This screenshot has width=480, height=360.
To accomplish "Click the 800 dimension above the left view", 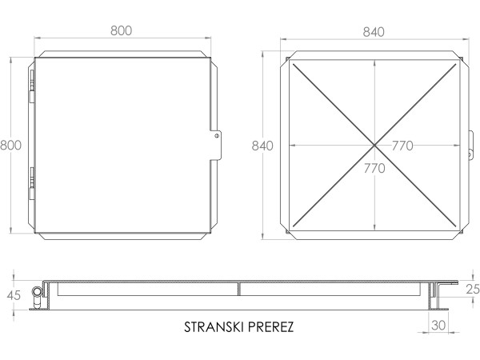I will [121, 31].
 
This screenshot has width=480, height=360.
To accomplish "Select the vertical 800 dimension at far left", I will [10, 146].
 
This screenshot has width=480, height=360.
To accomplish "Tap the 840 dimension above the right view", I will [374, 31].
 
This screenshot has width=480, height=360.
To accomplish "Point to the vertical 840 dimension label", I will [262, 146].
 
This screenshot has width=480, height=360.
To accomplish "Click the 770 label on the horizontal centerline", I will [402, 146].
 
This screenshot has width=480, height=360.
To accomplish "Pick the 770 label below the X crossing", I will [374, 168].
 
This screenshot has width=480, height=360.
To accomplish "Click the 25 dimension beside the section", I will [471, 289].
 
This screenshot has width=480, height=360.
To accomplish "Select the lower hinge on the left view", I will [31, 183].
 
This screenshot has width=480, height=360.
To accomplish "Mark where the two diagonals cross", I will [374, 145].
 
